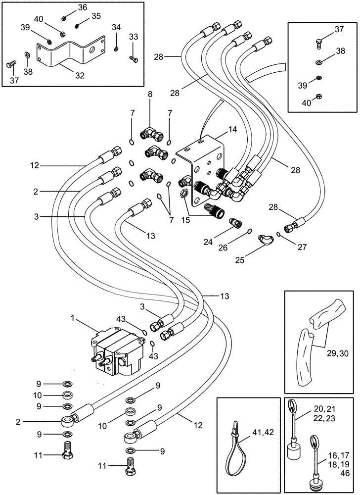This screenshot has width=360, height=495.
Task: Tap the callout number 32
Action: [x=80, y=76]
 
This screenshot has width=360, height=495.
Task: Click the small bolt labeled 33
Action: [x=133, y=59]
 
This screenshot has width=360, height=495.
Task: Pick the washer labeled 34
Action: [x=115, y=49]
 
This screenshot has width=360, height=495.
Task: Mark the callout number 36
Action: [x=82, y=7]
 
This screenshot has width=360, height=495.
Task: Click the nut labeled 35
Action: [x=78, y=25]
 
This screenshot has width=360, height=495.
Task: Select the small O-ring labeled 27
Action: [x=280, y=234]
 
